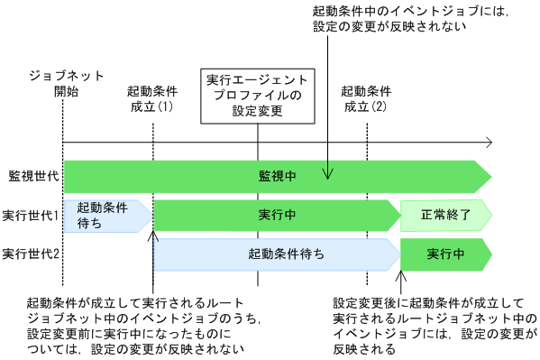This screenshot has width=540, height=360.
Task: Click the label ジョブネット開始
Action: coord(66,82)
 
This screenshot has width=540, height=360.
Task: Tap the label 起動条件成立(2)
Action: coord(365,98)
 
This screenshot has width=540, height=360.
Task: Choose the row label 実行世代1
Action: coord(31,216)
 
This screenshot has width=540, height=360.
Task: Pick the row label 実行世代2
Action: coord(31,254)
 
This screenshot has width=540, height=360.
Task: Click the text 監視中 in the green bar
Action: coord(277,174)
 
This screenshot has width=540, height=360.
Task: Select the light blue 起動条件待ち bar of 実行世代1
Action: coord(107,216)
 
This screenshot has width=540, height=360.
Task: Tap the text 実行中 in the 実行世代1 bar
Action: coord(277,216)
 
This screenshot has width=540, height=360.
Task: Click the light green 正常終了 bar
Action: coord(444,216)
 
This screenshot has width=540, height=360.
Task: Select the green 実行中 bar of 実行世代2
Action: coord(444,254)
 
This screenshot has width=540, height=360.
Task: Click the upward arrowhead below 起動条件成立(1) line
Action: coord(153,236)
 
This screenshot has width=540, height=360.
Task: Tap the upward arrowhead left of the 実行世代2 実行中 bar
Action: coord(399,275)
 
